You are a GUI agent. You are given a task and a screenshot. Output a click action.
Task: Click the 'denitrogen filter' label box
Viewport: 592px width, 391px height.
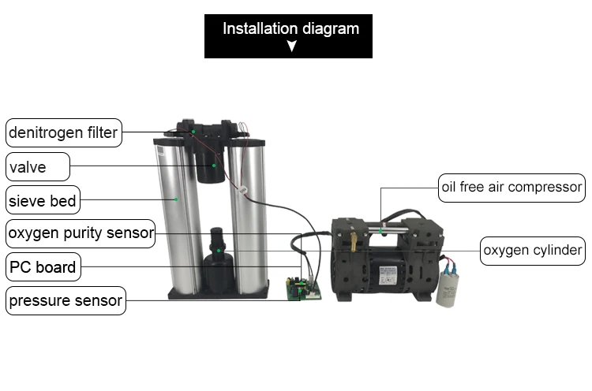64,132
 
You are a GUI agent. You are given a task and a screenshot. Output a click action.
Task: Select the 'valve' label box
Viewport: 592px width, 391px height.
38,166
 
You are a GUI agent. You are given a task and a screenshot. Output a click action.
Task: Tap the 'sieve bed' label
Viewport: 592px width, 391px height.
43,200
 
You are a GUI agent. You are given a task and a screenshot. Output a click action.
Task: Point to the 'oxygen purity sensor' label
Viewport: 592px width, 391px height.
81,233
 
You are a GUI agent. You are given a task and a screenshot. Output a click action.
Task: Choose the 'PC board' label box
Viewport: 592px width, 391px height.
43,267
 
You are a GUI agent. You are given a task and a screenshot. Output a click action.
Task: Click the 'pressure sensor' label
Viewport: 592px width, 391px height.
66,300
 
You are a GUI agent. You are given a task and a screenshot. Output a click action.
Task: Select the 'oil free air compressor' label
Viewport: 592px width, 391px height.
511,188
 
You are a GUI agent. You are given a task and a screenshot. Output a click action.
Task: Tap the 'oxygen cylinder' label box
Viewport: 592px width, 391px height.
533,251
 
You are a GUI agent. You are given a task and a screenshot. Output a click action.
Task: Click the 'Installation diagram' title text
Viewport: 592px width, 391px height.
290,28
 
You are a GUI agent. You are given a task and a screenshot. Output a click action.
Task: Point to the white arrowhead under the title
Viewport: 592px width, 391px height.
291,46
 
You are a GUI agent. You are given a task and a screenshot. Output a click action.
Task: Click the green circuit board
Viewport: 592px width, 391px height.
304,289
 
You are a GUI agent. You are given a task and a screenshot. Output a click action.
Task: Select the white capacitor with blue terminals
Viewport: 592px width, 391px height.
447,287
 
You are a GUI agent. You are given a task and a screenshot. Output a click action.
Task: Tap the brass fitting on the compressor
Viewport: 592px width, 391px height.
354,242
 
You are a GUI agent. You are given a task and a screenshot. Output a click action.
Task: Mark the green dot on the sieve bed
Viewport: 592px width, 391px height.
176,199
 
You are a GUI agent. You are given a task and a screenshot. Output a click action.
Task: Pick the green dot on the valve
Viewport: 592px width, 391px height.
214,165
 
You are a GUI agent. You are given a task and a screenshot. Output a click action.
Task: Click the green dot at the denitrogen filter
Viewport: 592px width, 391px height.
193,132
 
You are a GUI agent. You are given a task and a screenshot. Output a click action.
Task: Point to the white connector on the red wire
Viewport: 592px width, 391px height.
242,190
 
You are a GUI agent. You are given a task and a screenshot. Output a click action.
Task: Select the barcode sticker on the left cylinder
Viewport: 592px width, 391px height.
160,151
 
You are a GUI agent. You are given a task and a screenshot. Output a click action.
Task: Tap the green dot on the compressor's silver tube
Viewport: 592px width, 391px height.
381,230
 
